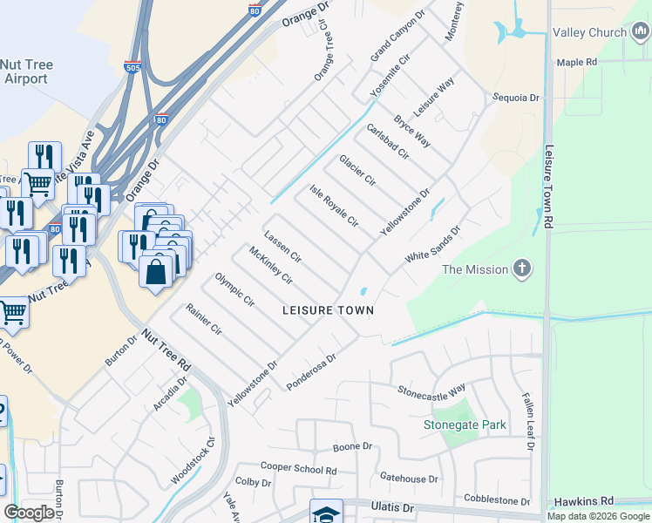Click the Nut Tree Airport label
[24, 71]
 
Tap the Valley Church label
[590, 32]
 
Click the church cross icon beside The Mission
[522, 268]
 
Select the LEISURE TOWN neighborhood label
[328, 310]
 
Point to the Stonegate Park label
[465, 425]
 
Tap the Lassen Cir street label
[282, 247]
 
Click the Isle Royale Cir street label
[335, 206]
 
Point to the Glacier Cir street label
[357, 170]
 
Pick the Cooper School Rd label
[298, 469]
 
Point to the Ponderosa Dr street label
[311, 371]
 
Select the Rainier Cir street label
[205, 320]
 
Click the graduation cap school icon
[326, 513]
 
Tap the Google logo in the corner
[30, 513]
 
